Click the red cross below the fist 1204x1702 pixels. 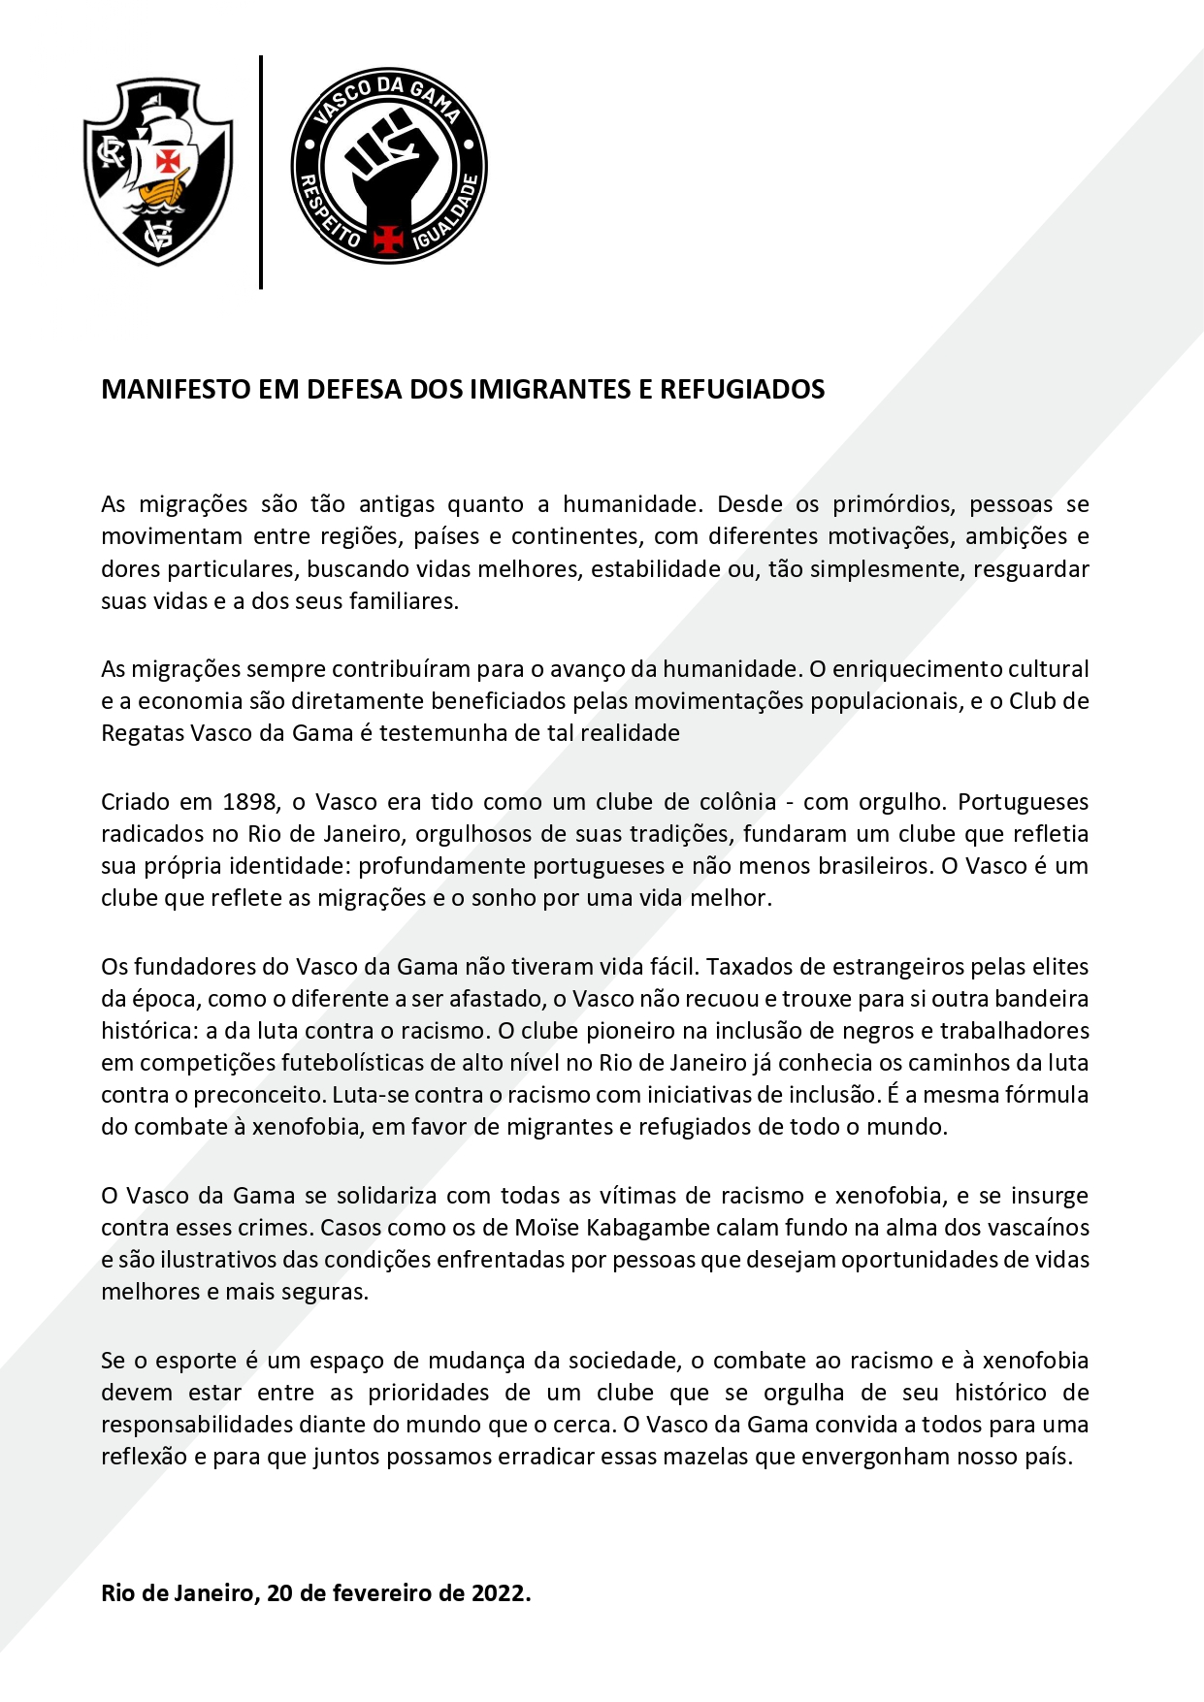(x=389, y=237)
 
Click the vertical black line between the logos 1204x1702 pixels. (x=261, y=172)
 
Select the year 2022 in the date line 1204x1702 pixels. (x=501, y=1593)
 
